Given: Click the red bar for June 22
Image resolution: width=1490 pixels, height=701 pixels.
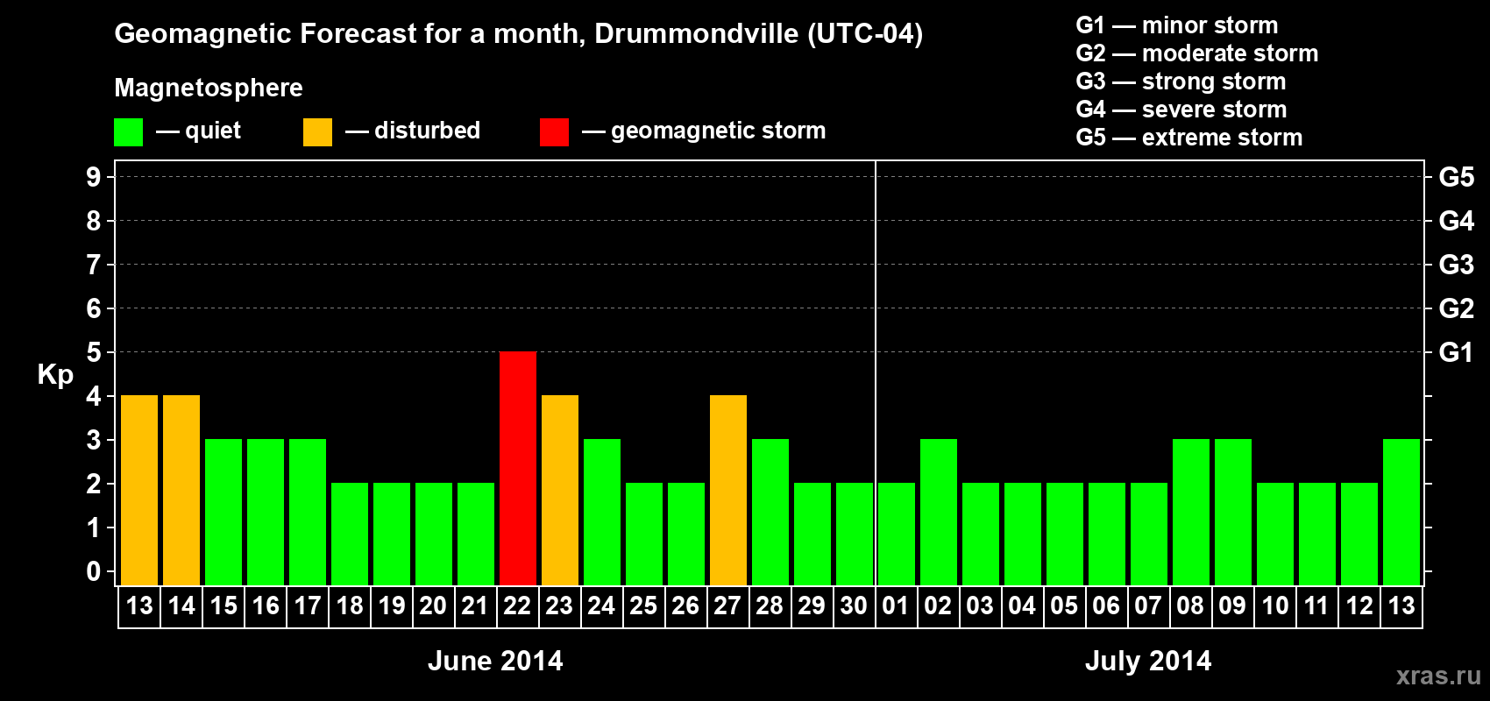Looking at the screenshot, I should coord(517,468).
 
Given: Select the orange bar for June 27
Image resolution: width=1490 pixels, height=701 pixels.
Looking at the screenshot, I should coord(727,490).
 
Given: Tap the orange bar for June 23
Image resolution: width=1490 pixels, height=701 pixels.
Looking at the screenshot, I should coord(559,490).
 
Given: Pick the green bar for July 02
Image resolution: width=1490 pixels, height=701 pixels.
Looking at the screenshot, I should coord(938,512).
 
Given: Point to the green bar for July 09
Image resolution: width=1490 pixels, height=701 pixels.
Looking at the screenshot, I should coord(1232,512).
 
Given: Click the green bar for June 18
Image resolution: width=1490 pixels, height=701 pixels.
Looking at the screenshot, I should coord(349,534).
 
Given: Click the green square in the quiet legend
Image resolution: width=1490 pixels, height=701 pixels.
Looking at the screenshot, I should coord(128,132).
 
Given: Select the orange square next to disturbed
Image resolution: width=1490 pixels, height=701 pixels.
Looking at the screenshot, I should coord(317,132).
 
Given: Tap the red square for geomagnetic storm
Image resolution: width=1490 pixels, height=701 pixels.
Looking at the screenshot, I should coord(554,132).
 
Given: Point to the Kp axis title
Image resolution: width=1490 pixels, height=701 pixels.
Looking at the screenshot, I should coord(55,374).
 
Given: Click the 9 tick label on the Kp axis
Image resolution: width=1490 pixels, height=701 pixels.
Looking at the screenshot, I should coord(93,177).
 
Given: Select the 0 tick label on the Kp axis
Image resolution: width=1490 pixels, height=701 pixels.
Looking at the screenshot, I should coord(93,571).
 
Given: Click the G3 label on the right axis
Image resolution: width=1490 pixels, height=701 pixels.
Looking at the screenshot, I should coord(1456,265).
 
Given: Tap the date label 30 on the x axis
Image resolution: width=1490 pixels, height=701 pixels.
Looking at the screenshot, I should coord(854,605).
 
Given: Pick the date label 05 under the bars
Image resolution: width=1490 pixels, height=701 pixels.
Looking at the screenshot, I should coord(1064,605).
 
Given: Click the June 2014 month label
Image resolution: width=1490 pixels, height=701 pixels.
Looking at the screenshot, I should coord(495,661).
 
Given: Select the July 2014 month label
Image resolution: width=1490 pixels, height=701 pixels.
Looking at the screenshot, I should coord(1148,661).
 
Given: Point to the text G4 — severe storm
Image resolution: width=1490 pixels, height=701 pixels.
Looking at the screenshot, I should coord(1181,110).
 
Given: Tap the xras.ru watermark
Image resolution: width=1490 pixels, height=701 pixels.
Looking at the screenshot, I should coord(1438,676).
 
